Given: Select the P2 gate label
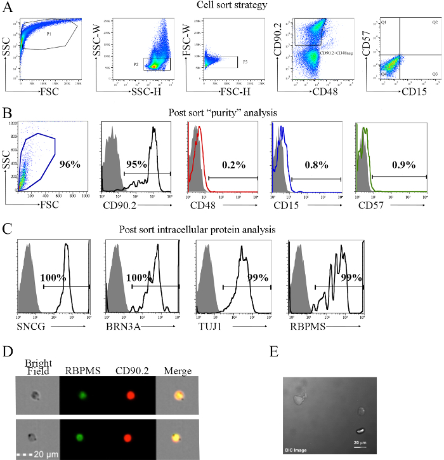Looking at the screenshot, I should pos(136,64).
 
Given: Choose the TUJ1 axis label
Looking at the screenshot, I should pos(207,324).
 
